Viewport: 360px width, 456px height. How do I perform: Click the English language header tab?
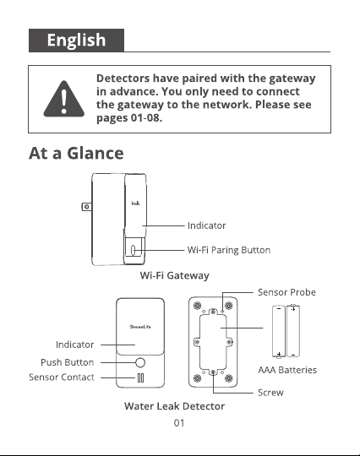coord(76,41)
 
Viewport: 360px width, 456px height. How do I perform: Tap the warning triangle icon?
coord(64,99)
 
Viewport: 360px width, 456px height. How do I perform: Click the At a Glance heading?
coord(76,153)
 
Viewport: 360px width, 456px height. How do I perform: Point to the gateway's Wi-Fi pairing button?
coord(133,250)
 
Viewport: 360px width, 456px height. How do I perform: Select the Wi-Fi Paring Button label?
coord(229,250)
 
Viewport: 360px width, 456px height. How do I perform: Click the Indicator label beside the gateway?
coord(207,225)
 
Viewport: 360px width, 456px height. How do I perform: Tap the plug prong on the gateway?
coord(86,207)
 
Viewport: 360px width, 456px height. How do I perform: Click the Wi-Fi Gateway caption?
coord(175,275)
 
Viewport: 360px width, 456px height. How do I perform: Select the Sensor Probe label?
coord(286,292)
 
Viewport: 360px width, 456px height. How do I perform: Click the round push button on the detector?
coord(140,362)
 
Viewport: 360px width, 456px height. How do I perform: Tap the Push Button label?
coord(68,362)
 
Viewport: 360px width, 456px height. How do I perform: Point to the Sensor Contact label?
coord(62,377)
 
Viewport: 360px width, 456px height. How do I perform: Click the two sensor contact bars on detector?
coord(140,378)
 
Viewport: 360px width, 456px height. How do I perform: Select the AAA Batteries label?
coord(287,370)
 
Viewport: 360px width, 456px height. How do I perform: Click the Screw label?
coord(270,393)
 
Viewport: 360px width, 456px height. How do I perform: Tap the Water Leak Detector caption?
coord(175,406)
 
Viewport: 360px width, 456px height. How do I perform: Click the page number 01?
coord(179,423)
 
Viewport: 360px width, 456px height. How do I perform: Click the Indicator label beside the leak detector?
coord(75,345)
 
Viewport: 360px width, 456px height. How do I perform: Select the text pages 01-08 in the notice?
coord(129,118)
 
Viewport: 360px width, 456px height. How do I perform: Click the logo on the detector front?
coord(140,327)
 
